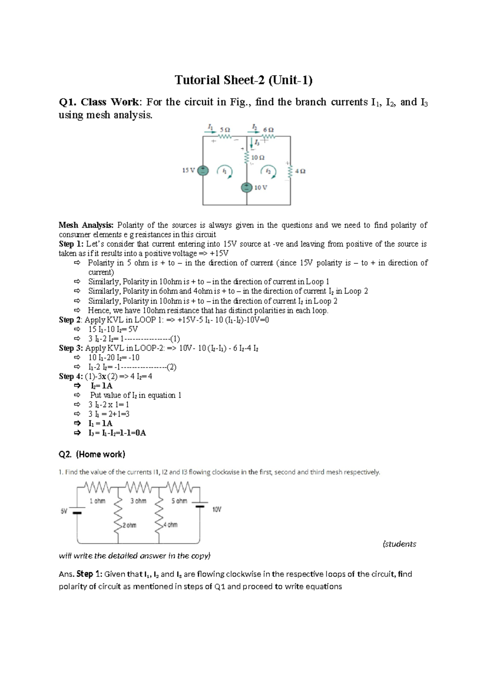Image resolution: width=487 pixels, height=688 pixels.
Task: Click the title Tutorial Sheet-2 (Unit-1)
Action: point(243,80)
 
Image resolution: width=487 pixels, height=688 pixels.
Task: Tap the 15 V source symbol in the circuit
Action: point(203,171)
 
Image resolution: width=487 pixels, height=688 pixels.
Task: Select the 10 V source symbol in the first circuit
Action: point(246,188)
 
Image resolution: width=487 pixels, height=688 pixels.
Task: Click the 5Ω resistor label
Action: point(224,130)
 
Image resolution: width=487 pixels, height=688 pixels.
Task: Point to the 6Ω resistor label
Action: point(268,130)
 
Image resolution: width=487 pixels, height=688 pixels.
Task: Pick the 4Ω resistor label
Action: point(300,171)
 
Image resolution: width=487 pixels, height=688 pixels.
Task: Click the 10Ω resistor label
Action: point(258,157)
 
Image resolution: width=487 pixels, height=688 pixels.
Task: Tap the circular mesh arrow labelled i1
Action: point(225,171)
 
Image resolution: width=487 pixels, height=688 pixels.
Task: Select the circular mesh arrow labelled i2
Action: point(269,171)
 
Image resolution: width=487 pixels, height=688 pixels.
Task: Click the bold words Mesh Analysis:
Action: point(86,225)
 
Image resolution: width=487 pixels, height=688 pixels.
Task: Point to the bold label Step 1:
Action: point(71,244)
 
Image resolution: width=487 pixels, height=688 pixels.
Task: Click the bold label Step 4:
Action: point(71,376)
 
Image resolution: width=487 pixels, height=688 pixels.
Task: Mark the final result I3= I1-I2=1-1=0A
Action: point(117,433)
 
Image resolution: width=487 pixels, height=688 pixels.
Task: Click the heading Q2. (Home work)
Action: point(92,454)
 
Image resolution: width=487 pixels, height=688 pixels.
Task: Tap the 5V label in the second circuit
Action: point(64,512)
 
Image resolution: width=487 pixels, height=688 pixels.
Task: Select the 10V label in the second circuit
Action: point(217,510)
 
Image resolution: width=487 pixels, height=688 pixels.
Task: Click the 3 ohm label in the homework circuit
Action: point(138,501)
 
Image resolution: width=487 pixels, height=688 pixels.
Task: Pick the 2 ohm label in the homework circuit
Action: point(129,525)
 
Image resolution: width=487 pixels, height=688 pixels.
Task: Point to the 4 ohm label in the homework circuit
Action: point(170,525)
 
